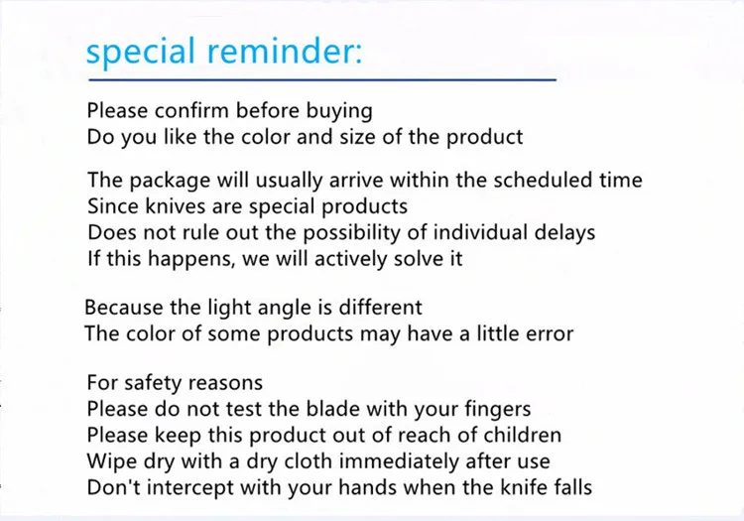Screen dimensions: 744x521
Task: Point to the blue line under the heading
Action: pos(322,79)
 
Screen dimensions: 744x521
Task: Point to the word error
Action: pos(550,334)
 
